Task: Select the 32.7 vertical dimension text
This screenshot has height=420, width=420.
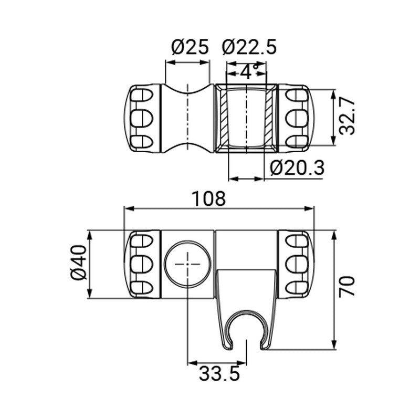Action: click(x=347, y=117)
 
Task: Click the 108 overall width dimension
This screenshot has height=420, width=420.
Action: click(x=208, y=199)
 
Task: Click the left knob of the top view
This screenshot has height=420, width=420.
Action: click(x=143, y=118)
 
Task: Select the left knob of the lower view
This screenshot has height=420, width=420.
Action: click(x=143, y=264)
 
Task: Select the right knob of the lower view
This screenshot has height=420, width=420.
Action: click(x=297, y=264)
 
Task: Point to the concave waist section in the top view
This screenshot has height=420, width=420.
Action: click(x=187, y=118)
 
